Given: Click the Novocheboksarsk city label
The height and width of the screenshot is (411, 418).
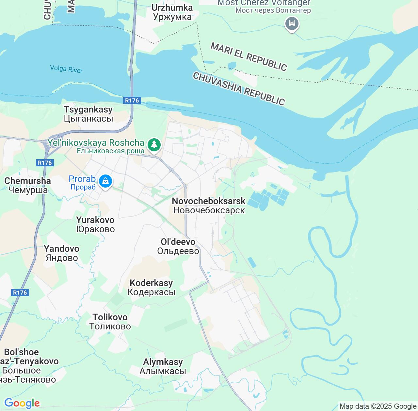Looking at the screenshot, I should point(209,205).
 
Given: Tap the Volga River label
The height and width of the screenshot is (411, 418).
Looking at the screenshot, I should point(66,69).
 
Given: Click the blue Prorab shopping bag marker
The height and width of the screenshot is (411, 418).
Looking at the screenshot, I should point(105,181).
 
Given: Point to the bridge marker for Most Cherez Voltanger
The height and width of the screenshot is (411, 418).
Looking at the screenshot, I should point(292,24).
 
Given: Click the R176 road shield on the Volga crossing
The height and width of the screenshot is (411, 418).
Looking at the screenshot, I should point(132,100).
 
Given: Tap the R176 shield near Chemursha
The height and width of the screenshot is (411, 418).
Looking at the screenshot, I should point(45,163).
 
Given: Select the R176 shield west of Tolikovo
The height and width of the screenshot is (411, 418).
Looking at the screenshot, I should point(20,293).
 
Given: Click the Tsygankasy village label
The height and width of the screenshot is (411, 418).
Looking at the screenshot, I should point(88,114).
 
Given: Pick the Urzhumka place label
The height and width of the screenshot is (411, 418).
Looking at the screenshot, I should point(172,12).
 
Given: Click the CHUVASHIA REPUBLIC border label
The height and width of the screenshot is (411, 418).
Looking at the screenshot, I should point(239,88).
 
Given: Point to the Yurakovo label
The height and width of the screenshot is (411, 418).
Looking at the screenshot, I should point(95,224).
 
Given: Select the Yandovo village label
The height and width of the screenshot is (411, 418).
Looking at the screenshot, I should point(62,253).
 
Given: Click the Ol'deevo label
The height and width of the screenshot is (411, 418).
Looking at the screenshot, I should point(178,246).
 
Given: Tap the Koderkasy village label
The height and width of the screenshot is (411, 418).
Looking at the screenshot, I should point(151,287).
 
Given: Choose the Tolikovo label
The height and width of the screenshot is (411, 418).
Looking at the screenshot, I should point(110,322).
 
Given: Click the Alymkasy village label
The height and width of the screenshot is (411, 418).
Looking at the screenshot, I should point(163,366).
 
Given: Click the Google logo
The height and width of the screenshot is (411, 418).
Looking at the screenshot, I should point(22,403).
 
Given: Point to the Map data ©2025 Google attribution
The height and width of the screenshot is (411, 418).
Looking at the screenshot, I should point(378,406).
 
